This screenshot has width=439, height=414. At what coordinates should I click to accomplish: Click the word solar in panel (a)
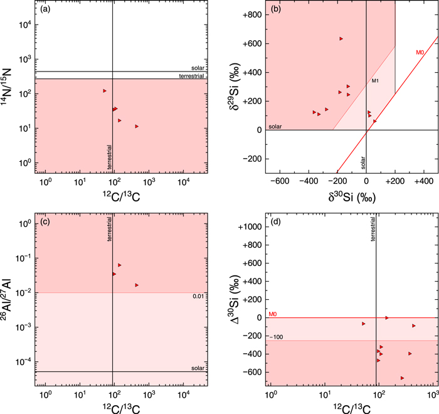pos(199,67)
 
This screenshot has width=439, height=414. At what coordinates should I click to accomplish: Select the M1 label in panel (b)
pos(375,81)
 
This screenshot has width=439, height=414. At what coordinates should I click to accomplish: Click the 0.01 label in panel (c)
pos(200,297)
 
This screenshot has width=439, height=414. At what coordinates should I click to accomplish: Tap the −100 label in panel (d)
pos(276,337)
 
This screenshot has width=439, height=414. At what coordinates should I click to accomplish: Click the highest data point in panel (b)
pos(341,39)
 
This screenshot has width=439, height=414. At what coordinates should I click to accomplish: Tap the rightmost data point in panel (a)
pos(137,126)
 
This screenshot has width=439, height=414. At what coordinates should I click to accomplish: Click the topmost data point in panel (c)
pos(119,265)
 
